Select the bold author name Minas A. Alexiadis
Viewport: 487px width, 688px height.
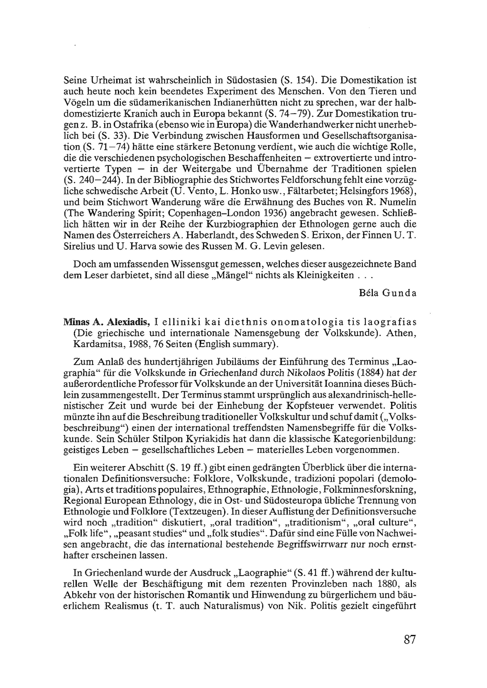[107, 322]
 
